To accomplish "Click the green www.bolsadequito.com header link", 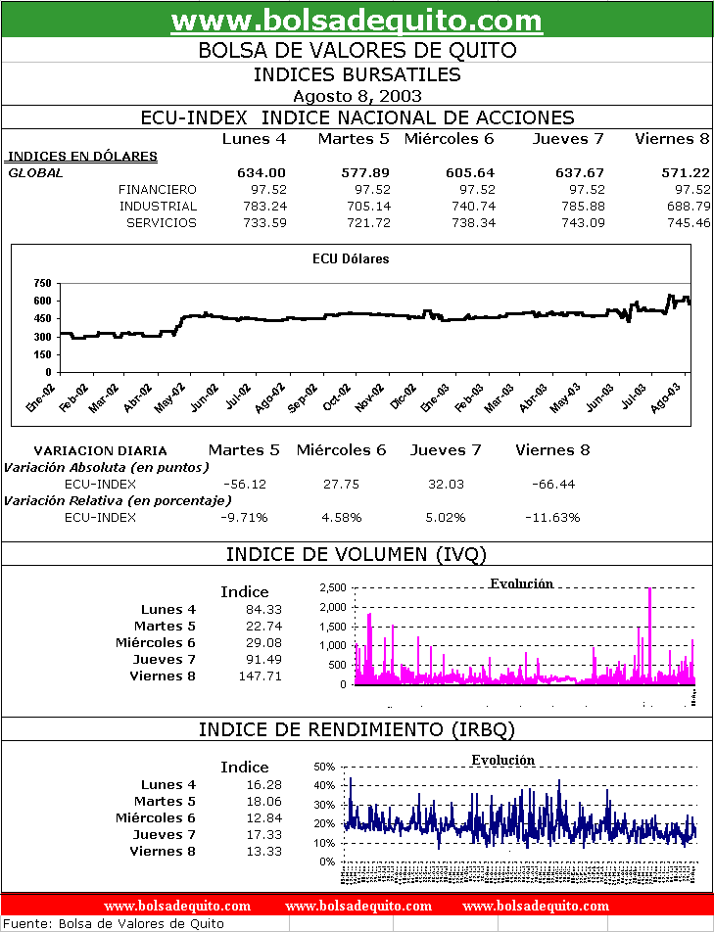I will tap(357, 20).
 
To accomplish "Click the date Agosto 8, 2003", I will tap(357, 96).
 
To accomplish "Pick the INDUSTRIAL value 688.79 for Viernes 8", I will tap(687, 207).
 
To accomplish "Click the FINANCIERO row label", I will tap(157, 190).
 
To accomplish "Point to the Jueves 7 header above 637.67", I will tap(568, 139).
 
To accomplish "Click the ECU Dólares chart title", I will tap(351, 259).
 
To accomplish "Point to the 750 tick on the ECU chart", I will tap(42, 284).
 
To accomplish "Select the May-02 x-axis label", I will tap(171, 396).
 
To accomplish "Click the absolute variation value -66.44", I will tap(552, 485).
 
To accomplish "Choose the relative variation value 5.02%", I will tap(446, 517).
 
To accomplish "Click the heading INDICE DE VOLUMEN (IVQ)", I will tap(357, 555).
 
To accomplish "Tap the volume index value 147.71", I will tap(262, 676).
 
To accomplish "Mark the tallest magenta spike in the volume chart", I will tap(650, 590).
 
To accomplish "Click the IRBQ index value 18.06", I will tap(265, 801).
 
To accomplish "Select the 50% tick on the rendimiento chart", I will tap(324, 768).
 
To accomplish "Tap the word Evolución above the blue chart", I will tap(502, 761).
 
